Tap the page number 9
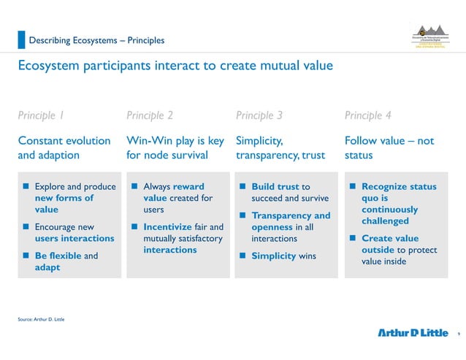457,334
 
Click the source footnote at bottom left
41,319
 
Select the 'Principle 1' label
41,115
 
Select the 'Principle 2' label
150,115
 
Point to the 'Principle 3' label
259,115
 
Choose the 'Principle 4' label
367,115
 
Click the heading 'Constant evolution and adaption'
64,148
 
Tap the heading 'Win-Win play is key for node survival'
175,148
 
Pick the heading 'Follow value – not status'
389,148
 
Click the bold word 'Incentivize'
167,226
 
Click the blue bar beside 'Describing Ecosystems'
21,39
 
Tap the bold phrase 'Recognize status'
399,187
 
